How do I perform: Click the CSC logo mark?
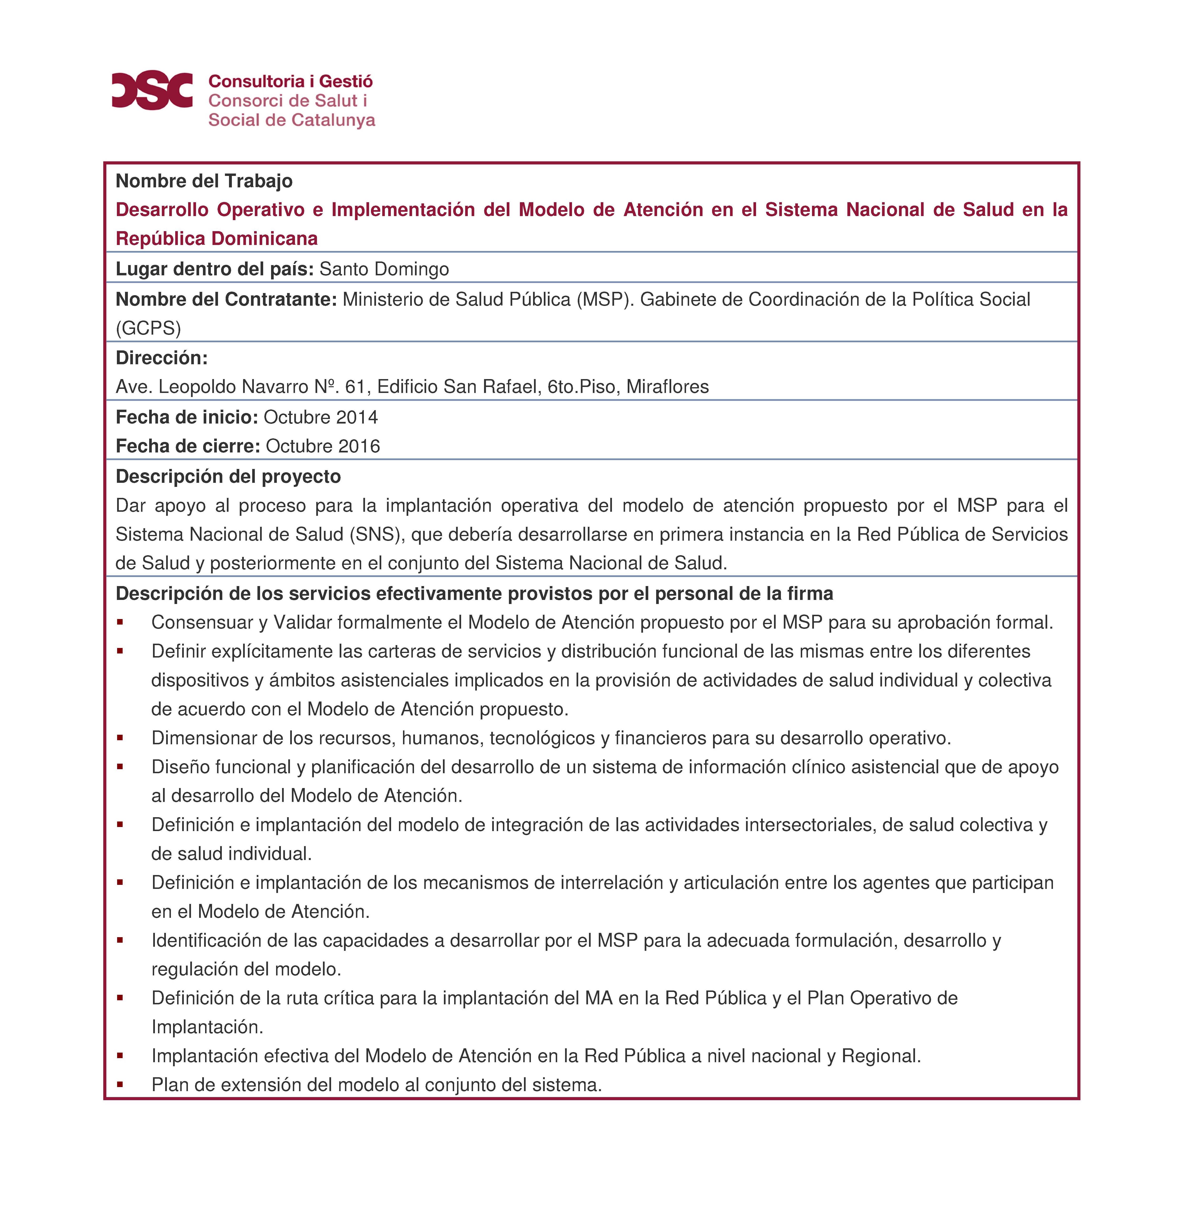[152, 90]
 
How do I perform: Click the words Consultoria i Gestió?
[290, 81]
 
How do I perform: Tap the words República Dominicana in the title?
[217, 238]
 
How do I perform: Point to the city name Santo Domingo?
[384, 269]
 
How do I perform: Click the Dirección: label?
[161, 358]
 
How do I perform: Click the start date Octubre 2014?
[321, 417]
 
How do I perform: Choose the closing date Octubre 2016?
[322, 446]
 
